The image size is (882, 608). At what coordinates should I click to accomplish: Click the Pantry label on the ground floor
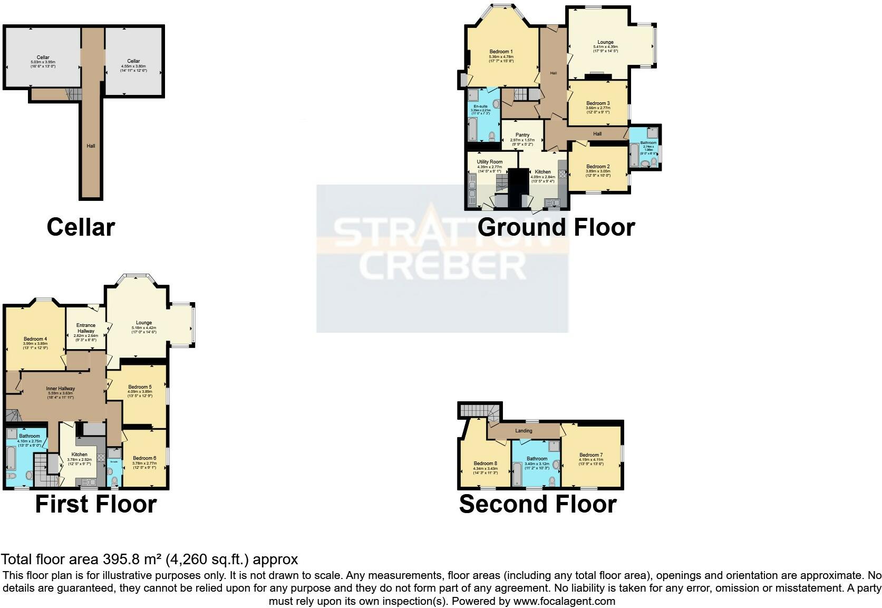[522, 135]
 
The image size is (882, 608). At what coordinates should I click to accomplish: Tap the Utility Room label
[489, 162]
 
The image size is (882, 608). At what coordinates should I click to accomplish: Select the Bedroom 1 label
[501, 52]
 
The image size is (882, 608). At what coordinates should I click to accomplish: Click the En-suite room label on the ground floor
[480, 107]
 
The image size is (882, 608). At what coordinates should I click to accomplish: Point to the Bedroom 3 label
[598, 103]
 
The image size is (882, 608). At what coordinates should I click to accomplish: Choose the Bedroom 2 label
[598, 167]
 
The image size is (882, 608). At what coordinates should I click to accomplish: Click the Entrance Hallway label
[86, 328]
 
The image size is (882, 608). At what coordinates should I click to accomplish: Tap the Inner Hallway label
[61, 389]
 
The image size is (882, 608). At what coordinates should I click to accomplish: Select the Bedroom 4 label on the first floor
[35, 339]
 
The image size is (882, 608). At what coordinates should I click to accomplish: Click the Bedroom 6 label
[144, 458]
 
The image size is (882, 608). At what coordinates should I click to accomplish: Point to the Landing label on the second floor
[524, 431]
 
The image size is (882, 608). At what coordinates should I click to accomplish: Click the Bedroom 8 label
[485, 464]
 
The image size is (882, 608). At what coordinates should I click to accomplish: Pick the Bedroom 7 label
[590, 455]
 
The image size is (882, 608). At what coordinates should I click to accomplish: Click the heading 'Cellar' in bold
[81, 227]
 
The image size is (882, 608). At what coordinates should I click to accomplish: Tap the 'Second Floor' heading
[537, 504]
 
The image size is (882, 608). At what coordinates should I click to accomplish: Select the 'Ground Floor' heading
[556, 227]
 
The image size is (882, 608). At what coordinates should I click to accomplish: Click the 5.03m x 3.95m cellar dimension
[43, 62]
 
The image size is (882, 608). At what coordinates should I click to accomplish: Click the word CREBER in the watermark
[442, 265]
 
